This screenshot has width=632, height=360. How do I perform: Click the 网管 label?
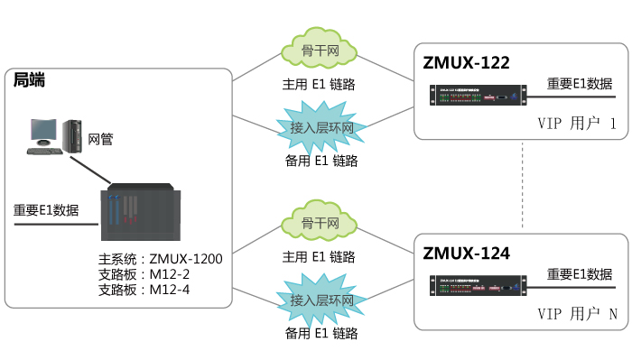(x=100, y=139)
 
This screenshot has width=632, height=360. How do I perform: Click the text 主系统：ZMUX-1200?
(x=160, y=259)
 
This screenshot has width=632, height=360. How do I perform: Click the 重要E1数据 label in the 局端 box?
(x=46, y=210)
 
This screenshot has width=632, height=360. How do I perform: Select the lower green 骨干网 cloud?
(x=320, y=224)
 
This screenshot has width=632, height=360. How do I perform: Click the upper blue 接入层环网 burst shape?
(x=321, y=129)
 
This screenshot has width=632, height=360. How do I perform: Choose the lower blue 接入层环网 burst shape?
(x=321, y=300)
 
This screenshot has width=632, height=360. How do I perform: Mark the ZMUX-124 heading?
(x=467, y=254)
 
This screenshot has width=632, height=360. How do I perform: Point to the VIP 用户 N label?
(x=575, y=315)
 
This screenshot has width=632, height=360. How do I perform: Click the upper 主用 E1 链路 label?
(x=320, y=84)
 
